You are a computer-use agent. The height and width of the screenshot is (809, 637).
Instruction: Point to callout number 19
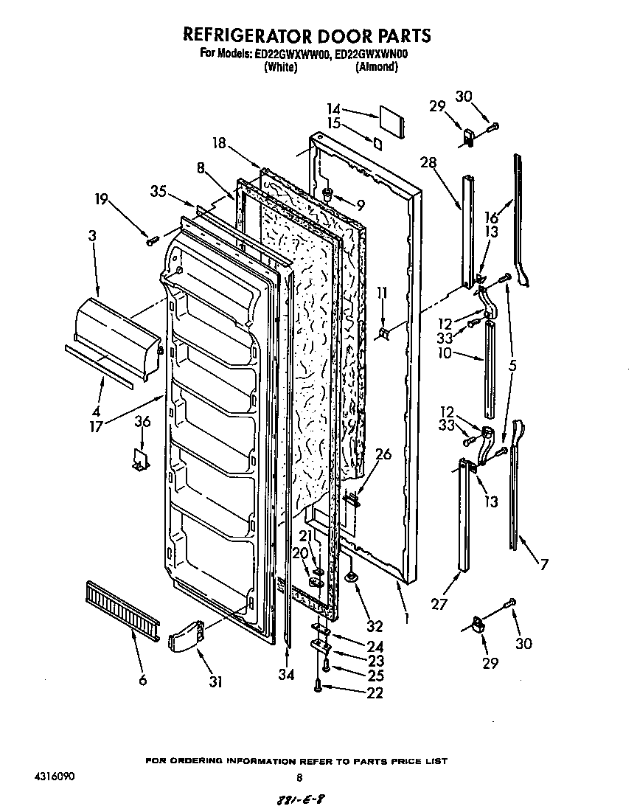pos(102,198)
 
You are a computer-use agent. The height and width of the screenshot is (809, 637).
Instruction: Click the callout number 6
pos(142,679)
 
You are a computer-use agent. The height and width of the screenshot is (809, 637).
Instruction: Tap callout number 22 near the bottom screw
pos(375,692)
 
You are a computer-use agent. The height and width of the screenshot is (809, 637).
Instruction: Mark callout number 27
pos(439,605)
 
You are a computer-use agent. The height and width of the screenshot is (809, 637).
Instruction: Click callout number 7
pos(544,566)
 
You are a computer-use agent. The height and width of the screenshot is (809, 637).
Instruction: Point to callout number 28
pos(428,162)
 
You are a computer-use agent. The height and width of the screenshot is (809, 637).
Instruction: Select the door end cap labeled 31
pos(186,636)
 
